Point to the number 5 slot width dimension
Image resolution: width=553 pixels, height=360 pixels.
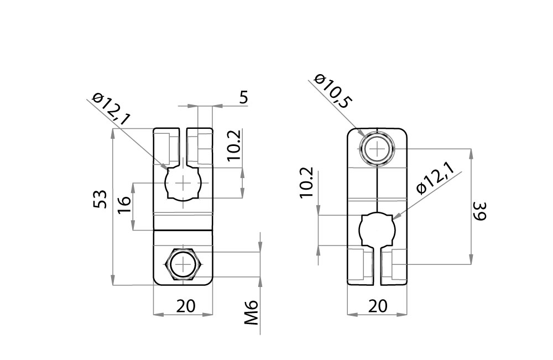[243, 98]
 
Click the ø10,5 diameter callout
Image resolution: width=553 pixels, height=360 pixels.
[332, 90]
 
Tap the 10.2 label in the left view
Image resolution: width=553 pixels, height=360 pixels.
[234, 145]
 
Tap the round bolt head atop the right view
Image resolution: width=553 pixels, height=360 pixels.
[377, 149]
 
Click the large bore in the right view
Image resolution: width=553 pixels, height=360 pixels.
[377, 229]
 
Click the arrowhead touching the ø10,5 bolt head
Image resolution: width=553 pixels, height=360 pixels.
[362, 134]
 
